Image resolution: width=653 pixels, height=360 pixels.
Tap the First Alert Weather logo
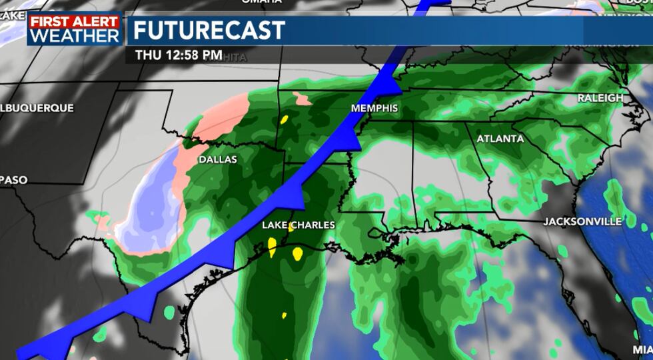(75, 29)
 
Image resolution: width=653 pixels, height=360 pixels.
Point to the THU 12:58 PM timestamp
(179, 55)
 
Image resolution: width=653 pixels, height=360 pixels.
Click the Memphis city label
(374, 108)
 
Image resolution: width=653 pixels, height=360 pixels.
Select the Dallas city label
(217, 160)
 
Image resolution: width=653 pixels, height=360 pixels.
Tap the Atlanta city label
(499, 139)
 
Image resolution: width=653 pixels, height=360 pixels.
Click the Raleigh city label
(600, 98)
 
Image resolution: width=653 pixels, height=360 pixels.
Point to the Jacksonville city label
(582, 221)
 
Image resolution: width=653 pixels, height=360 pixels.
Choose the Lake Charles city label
(298, 225)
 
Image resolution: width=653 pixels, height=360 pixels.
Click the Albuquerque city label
(37, 107)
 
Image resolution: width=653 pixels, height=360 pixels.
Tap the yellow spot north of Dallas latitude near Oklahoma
(285, 120)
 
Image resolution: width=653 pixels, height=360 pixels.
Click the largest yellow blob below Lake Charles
(297, 253)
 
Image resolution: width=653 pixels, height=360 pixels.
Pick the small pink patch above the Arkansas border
(303, 100)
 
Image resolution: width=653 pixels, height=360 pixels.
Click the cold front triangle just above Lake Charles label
(293, 195)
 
